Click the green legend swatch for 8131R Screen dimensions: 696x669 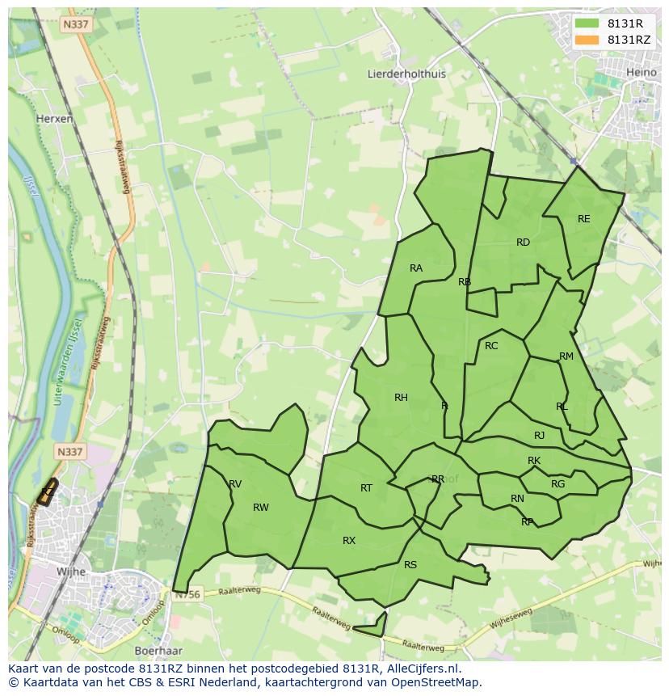pos(587,23)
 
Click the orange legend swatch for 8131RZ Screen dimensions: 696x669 pos(587,40)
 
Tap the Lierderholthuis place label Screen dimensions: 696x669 pos(406,74)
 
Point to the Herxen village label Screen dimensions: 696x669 pos(55,118)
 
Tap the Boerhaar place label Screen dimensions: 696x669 pos(158,650)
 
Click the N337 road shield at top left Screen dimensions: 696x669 pos(75,25)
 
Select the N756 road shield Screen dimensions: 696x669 pos(187,594)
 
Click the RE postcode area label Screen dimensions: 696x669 pos(584,219)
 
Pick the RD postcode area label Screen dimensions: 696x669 pos(523,243)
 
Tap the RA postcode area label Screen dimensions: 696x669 pos(416,268)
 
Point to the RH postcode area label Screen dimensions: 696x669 pos(401,397)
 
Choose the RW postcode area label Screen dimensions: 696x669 pos(260,508)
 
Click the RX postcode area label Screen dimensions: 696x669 pos(349,541)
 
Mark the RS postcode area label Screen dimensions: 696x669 pos(410,565)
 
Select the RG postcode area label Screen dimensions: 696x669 pos(557,484)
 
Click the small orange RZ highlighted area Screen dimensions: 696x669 pos(48,492)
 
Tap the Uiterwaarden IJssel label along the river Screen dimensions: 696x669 pos(66,356)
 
